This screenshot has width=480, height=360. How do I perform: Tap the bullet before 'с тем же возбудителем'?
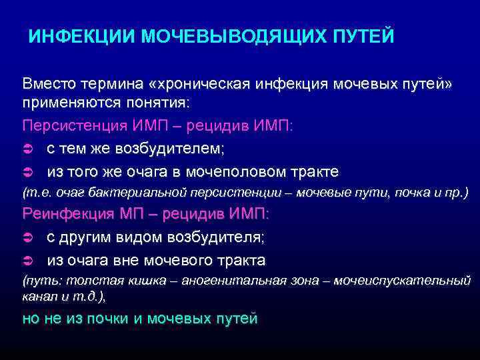(27, 149)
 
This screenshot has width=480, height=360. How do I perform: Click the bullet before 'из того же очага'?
(27, 171)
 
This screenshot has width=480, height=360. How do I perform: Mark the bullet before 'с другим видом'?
(27, 237)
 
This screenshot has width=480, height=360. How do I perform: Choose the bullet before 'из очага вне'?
(27, 259)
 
